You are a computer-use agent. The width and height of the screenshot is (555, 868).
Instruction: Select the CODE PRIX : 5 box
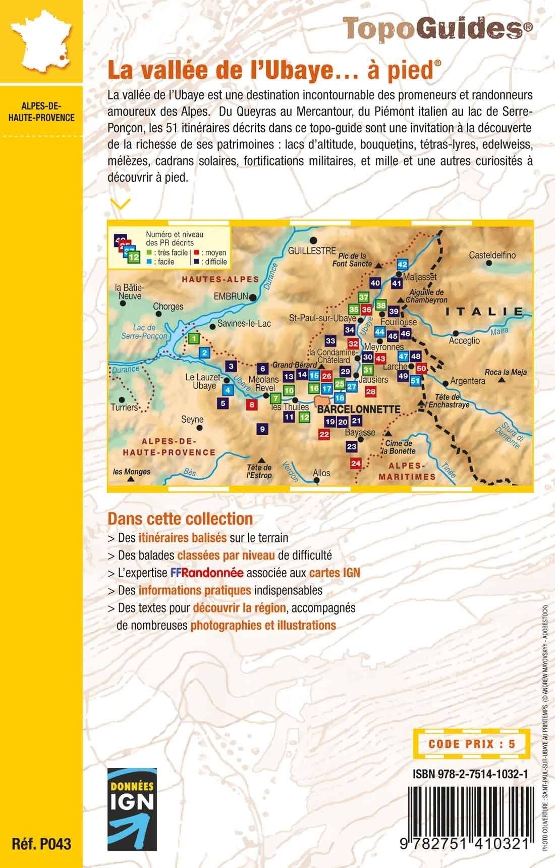pyautogui.click(x=470, y=744)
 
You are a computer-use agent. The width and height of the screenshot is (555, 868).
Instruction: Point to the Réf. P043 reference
pyautogui.click(x=42, y=843)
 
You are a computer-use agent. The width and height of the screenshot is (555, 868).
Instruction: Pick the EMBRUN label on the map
pyautogui.click(x=231, y=296)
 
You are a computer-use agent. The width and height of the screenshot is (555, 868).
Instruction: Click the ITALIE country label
pyautogui.click(x=484, y=311)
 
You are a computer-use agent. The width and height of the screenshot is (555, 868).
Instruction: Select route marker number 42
pyautogui.click(x=402, y=264)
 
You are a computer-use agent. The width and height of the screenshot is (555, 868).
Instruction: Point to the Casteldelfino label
pyautogui.click(x=492, y=255)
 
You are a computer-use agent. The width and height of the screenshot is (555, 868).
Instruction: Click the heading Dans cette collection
pyautogui.click(x=180, y=518)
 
